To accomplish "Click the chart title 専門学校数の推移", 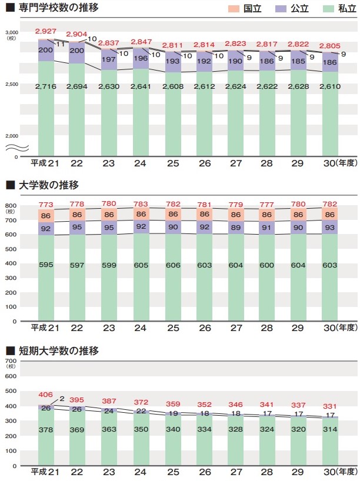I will click(58, 8).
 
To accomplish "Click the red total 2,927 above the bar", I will click(45, 31).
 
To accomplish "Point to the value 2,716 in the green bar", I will click(45, 86).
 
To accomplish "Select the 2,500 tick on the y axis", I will click(12, 85).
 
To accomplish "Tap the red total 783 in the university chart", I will click(140, 204).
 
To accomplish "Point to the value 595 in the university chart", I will click(45, 265).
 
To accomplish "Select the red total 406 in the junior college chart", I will click(45, 395).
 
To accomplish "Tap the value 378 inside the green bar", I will click(45, 430).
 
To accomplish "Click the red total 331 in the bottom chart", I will click(330, 406).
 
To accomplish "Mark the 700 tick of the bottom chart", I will click(11, 360).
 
